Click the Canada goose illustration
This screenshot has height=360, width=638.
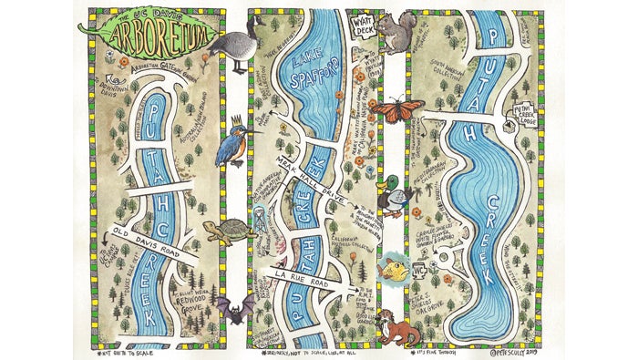[238, 41]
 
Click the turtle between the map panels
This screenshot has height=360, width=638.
[228, 229]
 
